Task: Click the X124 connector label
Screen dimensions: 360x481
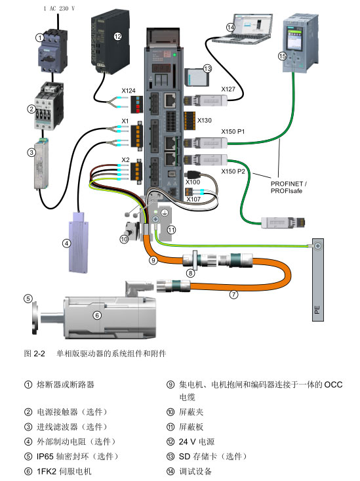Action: click(128, 91)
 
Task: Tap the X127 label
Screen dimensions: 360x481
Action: click(228, 89)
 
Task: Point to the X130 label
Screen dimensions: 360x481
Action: click(204, 121)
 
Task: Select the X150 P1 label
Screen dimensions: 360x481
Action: click(233, 132)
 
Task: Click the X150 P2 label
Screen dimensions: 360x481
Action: click(233, 171)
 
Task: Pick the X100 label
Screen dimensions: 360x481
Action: click(193, 182)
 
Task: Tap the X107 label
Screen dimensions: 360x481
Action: click(193, 199)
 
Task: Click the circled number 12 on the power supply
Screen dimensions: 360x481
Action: click(118, 37)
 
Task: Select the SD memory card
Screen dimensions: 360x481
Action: click(197, 76)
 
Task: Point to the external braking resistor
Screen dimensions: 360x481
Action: click(79, 242)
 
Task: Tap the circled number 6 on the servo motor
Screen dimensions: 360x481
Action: click(97, 315)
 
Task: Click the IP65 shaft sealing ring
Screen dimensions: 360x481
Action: click(35, 318)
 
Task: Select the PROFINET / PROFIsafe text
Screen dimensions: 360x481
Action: click(289, 187)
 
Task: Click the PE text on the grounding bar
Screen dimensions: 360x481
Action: click(317, 310)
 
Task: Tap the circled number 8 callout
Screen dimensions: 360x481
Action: click(190, 273)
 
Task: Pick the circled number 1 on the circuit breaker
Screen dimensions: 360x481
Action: click(39, 38)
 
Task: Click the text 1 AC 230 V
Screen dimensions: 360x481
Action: click(59, 9)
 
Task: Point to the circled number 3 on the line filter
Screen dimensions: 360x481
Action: click(31, 152)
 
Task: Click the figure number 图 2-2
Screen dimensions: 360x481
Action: click(34, 354)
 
